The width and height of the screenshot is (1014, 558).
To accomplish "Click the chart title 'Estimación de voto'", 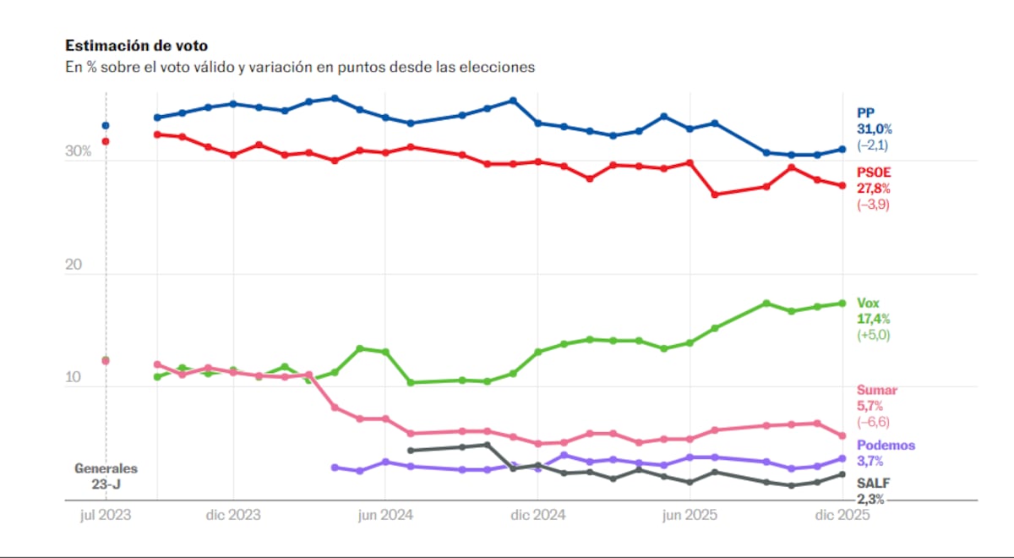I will tap(136, 46).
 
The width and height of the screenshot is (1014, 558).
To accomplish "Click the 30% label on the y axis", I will tap(78, 152).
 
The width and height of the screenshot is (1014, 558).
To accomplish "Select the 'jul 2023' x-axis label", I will tap(106, 515).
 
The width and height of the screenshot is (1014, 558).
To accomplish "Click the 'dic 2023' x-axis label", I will tap(232, 515).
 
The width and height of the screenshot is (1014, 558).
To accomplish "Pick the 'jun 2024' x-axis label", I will tap(384, 515).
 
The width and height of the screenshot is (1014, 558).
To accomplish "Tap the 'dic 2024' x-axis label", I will tap(537, 515).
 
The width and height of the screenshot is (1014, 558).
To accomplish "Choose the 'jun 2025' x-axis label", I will tap(689, 515).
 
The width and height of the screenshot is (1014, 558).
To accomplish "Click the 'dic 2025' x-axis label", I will tap(842, 515).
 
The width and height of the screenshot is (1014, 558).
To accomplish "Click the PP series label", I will tap(864, 112).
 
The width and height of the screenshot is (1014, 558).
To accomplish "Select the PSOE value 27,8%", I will tap(874, 189).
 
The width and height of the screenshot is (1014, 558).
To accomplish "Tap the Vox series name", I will tap(868, 303).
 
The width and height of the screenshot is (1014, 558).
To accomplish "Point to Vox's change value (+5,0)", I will tap(874, 335).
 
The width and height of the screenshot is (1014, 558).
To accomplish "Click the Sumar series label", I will tap(877, 391).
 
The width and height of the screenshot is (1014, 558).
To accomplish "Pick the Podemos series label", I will tap(886, 446).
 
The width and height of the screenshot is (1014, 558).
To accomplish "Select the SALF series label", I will tap(872, 483).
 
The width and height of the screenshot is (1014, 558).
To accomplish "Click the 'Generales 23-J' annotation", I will tap(106, 476).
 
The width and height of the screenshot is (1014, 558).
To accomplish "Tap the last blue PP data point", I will tap(842, 150).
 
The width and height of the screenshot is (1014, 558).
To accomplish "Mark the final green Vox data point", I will tap(842, 303).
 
